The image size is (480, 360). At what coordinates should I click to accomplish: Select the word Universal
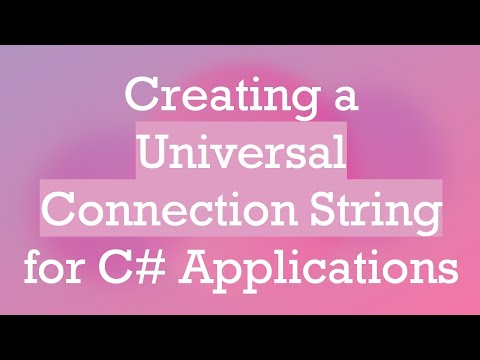point(240,154)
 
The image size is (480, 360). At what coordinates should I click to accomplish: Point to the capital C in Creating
point(136,99)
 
